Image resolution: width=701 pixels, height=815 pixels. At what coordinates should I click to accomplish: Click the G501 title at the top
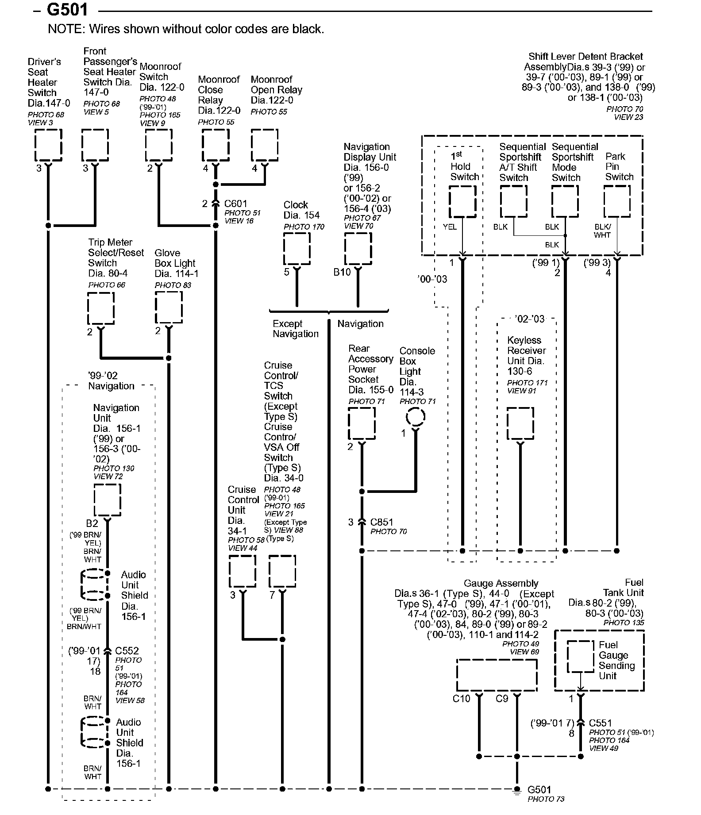click(x=67, y=10)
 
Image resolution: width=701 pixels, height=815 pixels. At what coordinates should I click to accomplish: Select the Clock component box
click(x=297, y=249)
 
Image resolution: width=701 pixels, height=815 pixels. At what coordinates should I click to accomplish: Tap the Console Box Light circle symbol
click(x=416, y=416)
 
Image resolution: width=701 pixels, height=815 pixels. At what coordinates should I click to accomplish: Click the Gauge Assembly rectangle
click(x=497, y=675)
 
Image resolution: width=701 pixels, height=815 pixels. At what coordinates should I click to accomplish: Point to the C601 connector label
click(x=235, y=204)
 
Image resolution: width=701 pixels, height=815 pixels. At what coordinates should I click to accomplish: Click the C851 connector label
click(x=381, y=522)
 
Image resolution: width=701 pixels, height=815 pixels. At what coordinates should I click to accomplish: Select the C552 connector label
click(x=127, y=651)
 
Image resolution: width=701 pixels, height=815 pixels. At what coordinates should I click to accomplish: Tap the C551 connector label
click(x=600, y=723)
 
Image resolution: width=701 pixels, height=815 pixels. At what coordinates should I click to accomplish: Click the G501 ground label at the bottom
click(x=539, y=790)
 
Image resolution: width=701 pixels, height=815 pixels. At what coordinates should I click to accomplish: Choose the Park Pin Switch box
click(x=617, y=201)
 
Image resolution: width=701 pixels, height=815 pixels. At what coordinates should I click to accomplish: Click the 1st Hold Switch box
click(x=462, y=201)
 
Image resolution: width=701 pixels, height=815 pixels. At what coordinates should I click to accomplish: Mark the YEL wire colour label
click(x=449, y=227)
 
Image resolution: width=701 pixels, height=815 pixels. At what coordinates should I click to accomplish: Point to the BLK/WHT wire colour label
click(x=602, y=231)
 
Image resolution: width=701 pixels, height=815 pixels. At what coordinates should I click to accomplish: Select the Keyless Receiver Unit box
click(x=520, y=423)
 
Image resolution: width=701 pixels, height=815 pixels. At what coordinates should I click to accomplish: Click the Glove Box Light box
click(x=169, y=308)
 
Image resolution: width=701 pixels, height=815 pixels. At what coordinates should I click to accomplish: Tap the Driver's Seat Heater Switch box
click(x=48, y=145)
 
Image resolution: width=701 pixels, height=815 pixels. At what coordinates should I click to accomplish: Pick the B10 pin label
click(x=342, y=272)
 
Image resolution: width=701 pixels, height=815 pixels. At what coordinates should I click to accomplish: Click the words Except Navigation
click(x=295, y=329)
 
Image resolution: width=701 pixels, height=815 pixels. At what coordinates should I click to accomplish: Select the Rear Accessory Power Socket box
click(x=362, y=423)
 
